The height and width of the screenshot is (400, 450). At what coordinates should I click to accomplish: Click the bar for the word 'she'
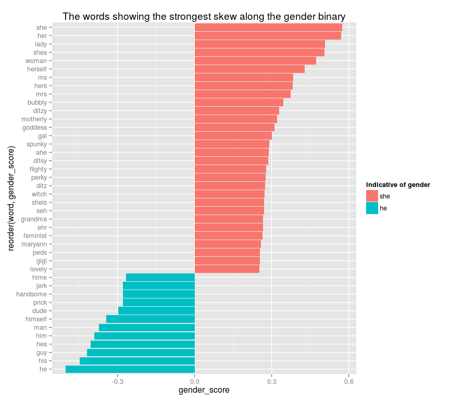point(268,28)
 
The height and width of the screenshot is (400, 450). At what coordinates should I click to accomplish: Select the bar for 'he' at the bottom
point(130,369)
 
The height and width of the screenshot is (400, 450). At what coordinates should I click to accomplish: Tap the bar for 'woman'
point(255,61)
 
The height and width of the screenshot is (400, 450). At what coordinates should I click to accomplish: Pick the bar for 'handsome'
point(159,294)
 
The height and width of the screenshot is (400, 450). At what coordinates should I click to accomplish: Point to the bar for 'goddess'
point(234,128)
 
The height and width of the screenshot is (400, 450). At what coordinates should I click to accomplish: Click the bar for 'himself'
point(151,319)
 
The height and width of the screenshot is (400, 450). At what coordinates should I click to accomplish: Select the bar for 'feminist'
point(229,236)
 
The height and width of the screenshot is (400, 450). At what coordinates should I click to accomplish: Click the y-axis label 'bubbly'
point(37,103)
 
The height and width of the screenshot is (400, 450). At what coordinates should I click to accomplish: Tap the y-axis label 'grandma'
point(34,219)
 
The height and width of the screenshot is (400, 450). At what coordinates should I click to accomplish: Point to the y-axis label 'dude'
point(39,311)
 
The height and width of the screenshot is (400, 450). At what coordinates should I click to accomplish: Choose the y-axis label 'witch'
point(39,194)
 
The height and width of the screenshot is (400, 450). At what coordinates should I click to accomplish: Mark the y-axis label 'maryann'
point(34,244)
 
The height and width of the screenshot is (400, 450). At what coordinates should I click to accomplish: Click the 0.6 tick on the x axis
point(348,381)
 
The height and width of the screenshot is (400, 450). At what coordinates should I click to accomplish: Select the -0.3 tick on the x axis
point(117,381)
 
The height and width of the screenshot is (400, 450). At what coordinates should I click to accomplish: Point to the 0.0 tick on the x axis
point(194,381)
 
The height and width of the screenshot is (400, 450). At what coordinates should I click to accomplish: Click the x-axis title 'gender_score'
point(204,390)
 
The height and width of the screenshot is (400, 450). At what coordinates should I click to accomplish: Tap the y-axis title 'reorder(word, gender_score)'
point(11,198)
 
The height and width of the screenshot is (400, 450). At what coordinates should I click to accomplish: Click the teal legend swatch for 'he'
point(372,208)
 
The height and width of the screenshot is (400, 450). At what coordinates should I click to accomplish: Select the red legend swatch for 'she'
point(372,196)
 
